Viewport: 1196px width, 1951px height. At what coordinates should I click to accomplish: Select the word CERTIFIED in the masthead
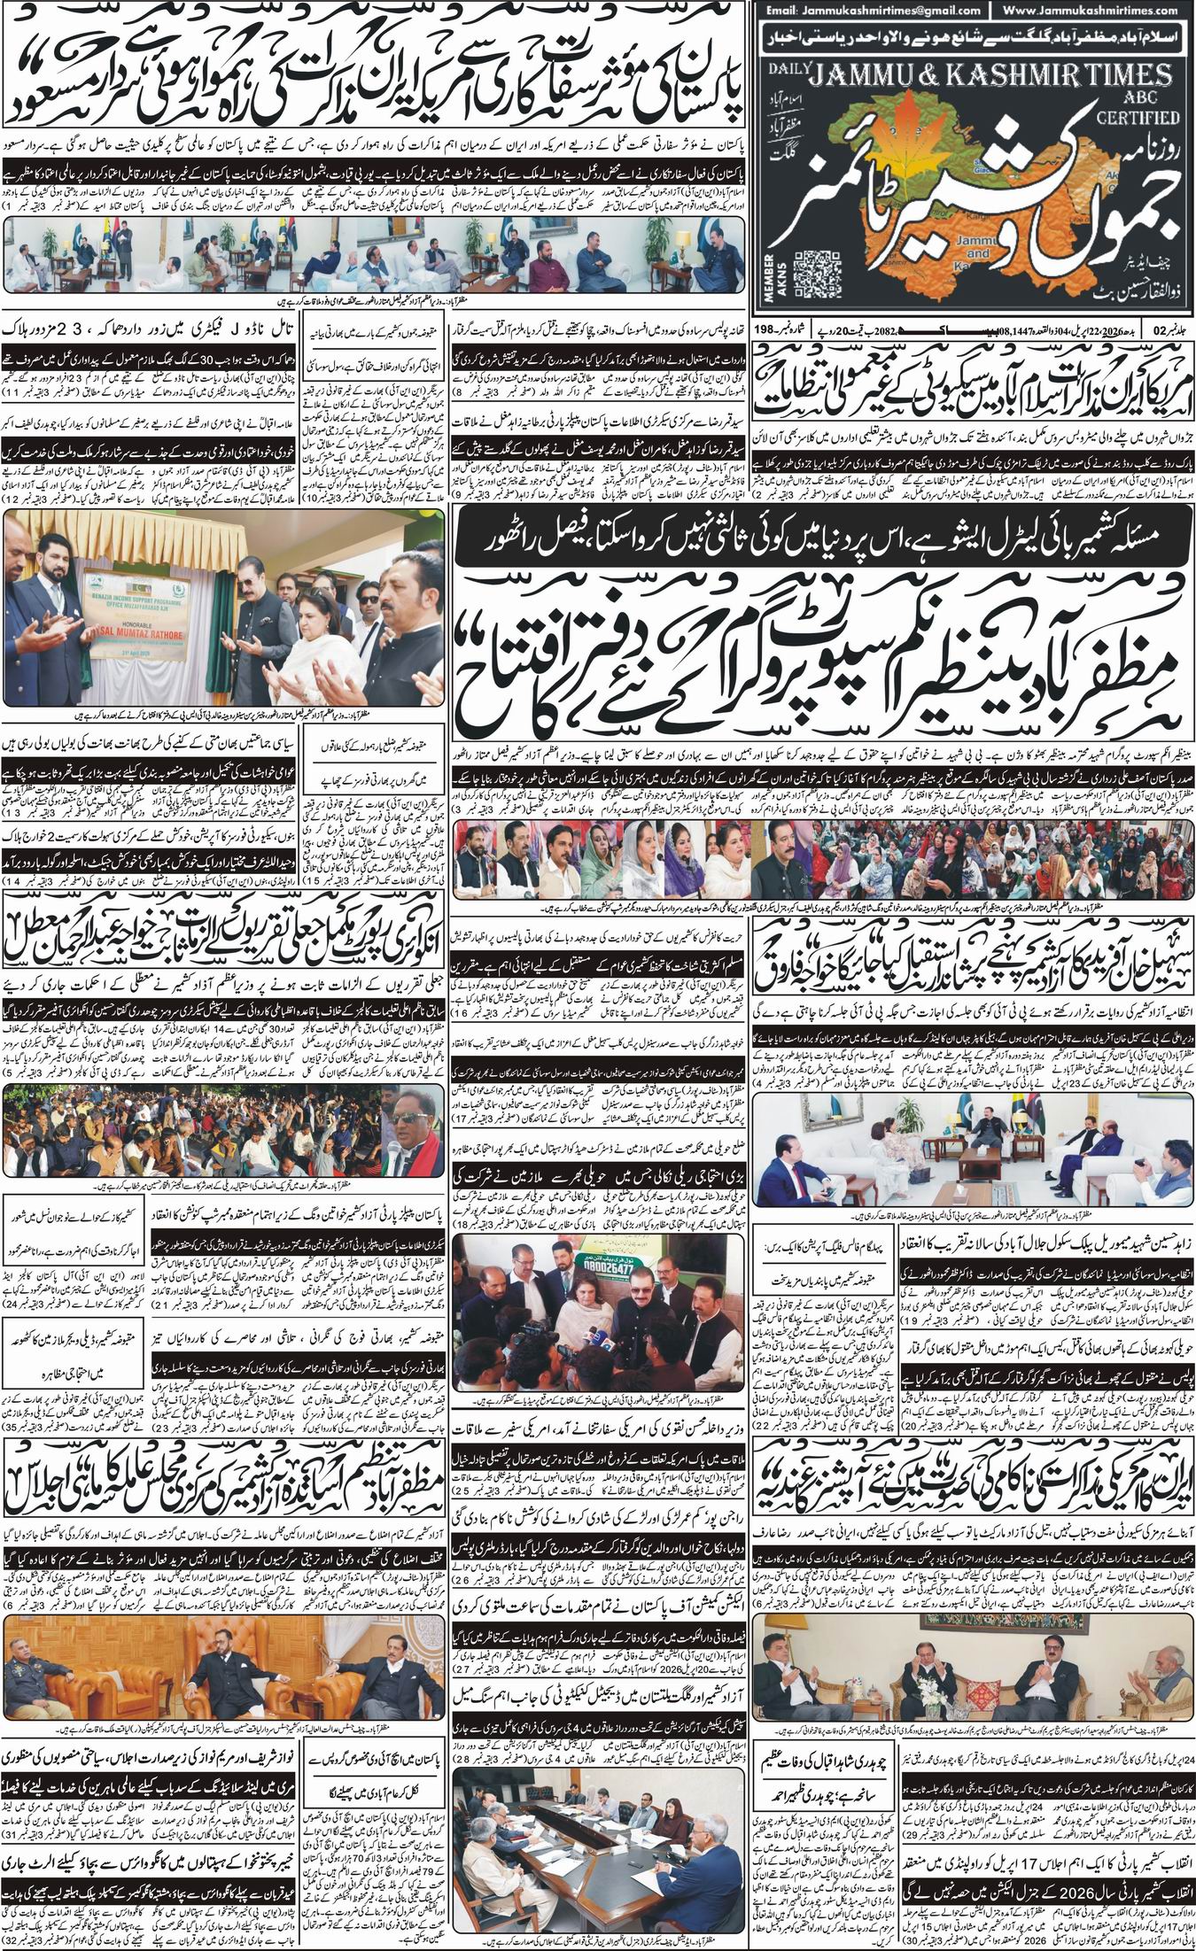(x=1141, y=115)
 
